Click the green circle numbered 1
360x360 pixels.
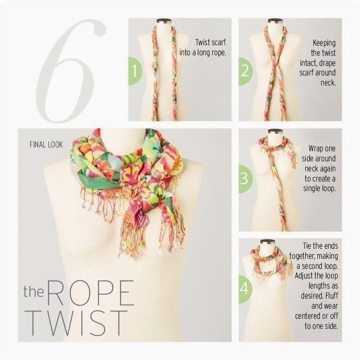tap(135, 71)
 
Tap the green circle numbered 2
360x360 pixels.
tap(245, 71)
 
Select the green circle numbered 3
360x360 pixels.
tap(245, 179)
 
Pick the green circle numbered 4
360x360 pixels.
tap(245, 289)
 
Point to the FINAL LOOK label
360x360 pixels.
tap(46, 144)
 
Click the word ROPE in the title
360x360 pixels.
tap(91, 292)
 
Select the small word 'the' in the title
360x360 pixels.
tap(34, 291)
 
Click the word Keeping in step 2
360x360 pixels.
tap(324, 43)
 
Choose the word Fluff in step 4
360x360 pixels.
tap(332, 296)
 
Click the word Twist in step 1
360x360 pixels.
tap(203, 42)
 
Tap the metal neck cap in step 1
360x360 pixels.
tap(165, 21)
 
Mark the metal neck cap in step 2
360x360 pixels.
tap(276, 21)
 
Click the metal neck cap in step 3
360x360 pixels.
tap(276, 131)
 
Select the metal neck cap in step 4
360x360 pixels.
tap(268, 241)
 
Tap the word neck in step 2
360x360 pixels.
tap(328, 83)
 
